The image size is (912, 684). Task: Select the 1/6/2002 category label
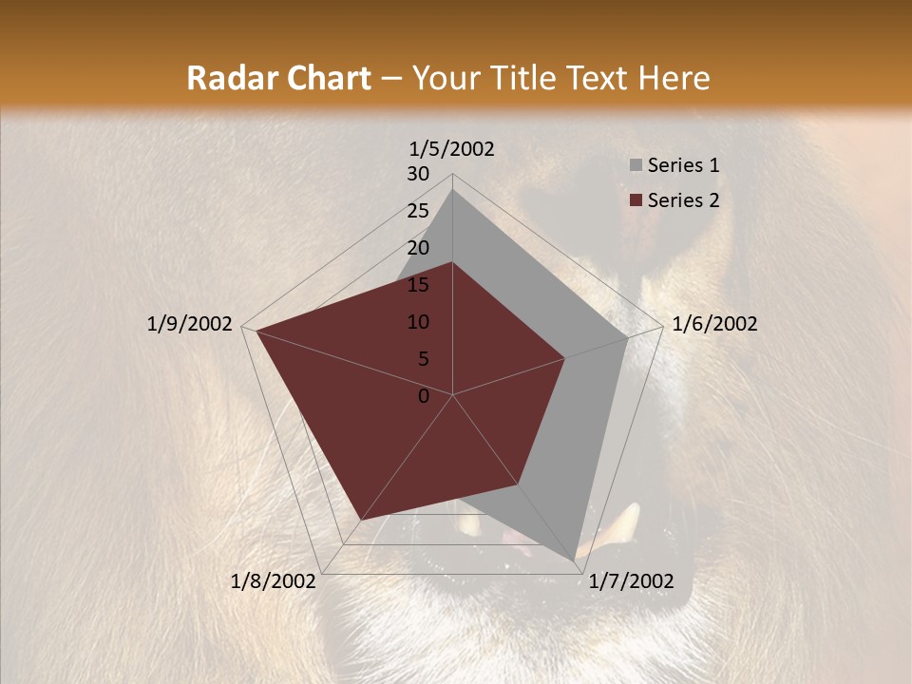(x=714, y=324)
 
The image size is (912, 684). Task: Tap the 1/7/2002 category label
(x=631, y=581)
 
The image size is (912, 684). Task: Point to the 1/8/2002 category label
(x=274, y=581)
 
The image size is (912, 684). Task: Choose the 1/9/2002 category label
(x=190, y=324)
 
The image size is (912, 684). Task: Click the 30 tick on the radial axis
(x=418, y=174)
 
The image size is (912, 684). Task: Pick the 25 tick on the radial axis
(x=418, y=211)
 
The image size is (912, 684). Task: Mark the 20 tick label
(x=418, y=248)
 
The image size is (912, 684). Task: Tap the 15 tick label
(x=418, y=285)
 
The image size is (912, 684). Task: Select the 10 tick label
(x=418, y=322)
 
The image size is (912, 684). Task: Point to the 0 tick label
(x=424, y=396)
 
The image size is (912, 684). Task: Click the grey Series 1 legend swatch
(x=636, y=166)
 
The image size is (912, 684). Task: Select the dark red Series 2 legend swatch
(x=636, y=200)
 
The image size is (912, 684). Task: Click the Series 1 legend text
(x=683, y=165)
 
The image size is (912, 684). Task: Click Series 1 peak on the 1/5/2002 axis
(x=452, y=188)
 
